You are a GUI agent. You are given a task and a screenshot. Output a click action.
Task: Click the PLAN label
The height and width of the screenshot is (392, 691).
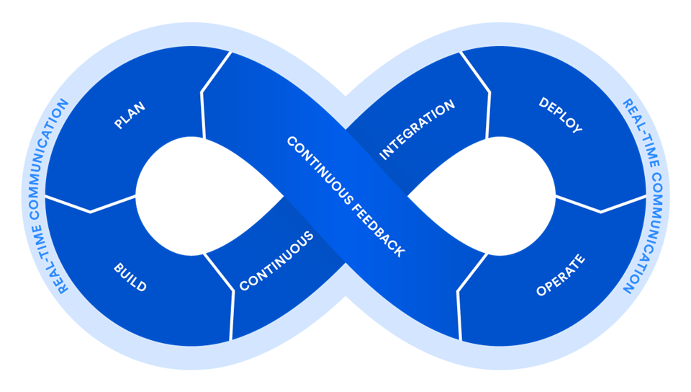click(130, 116)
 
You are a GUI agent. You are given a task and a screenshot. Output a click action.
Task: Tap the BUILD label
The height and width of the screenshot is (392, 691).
click(130, 277)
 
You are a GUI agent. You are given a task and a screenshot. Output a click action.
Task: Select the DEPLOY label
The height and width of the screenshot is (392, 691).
click(560, 115)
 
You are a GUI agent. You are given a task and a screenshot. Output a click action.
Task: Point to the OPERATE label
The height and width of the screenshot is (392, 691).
click(561, 276)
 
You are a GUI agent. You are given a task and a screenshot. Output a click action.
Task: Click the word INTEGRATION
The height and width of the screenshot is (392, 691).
click(417, 130)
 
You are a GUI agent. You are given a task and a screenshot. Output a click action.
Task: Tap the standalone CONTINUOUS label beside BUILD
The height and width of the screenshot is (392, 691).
click(276, 261)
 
